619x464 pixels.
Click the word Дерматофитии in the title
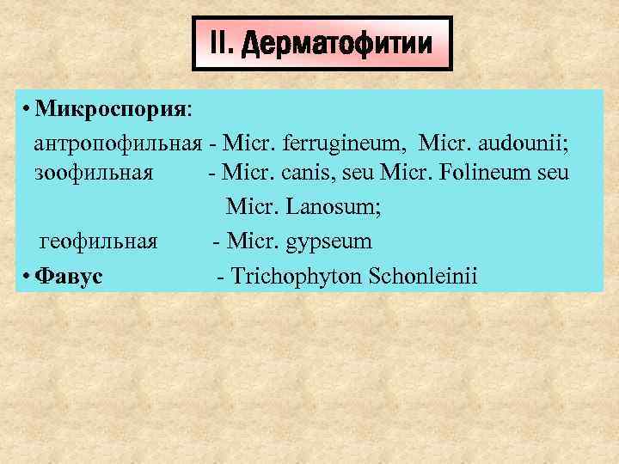tap(339, 44)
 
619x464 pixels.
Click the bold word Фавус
tap(71, 276)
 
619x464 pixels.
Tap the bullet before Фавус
tap(28, 276)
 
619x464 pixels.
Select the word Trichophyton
tap(298, 276)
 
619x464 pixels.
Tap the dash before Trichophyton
tap(223, 276)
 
